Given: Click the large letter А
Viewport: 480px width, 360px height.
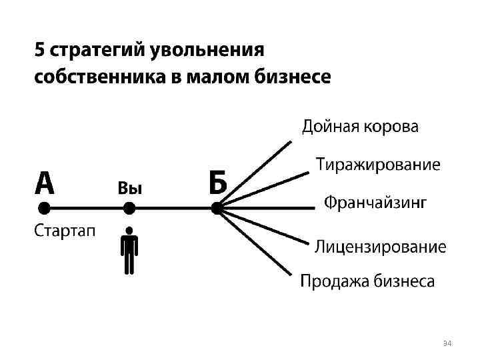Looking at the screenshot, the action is pyautogui.click(x=44, y=183).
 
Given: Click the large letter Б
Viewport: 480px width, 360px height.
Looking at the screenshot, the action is pyautogui.click(x=217, y=183).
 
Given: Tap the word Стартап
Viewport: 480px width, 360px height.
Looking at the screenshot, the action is pyautogui.click(x=65, y=231).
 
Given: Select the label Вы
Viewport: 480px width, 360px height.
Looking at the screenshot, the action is pyautogui.click(x=130, y=188).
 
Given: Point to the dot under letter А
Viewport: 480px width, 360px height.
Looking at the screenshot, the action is pyautogui.click(x=44, y=208).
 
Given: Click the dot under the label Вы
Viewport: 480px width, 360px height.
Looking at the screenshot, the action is pyautogui.click(x=129, y=208).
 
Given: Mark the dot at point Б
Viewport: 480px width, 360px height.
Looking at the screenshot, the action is pyautogui.click(x=217, y=208).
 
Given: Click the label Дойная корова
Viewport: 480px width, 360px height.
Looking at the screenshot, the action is pyautogui.click(x=361, y=127).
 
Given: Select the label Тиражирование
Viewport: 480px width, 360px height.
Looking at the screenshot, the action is pyautogui.click(x=378, y=165).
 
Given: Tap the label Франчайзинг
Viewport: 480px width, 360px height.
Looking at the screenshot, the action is pyautogui.click(x=375, y=202).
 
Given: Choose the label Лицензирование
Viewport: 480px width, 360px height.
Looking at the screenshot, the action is pyautogui.click(x=380, y=247).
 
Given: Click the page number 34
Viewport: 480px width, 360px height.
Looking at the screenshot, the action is pyautogui.click(x=447, y=343).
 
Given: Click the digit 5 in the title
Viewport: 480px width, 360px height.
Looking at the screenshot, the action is pyautogui.click(x=39, y=51).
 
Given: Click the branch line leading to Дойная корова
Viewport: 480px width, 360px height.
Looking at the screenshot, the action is pyautogui.click(x=257, y=173).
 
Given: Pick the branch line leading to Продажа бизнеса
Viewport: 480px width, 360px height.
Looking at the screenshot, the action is pyautogui.click(x=257, y=242).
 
